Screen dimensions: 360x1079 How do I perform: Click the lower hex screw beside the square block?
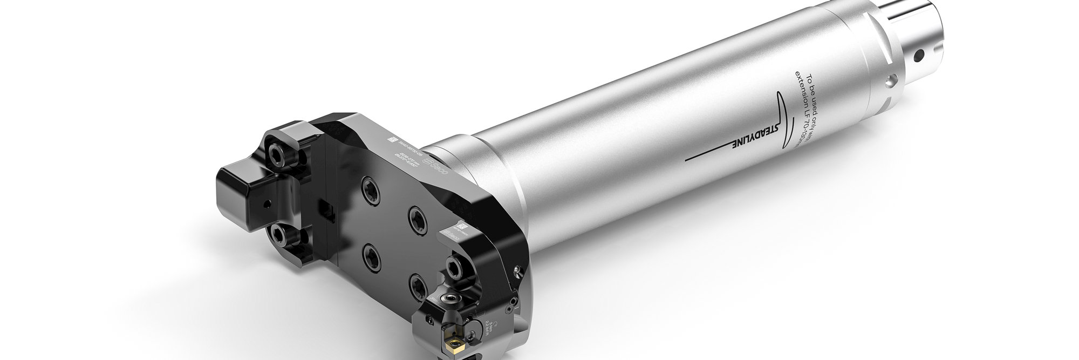pyautogui.click(x=279, y=234)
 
